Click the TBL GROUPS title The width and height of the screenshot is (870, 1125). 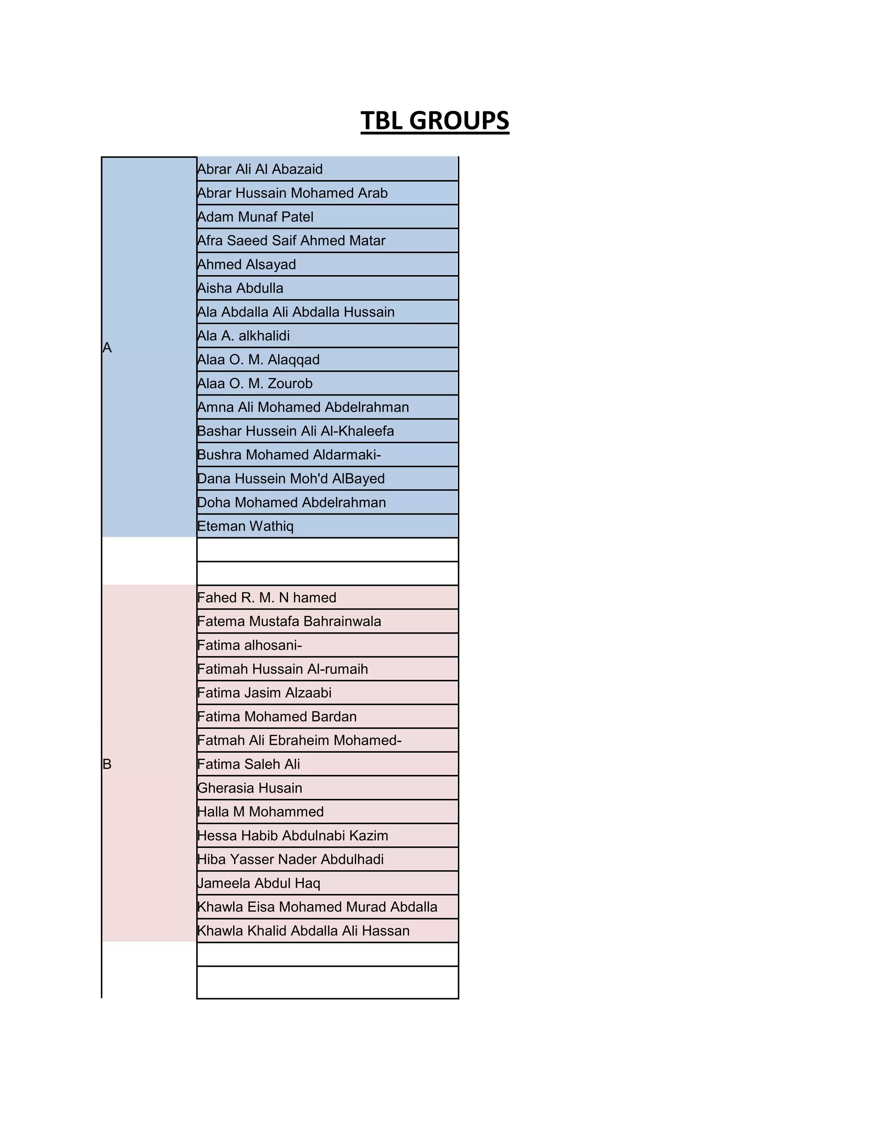pyautogui.click(x=435, y=121)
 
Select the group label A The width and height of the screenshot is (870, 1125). pyautogui.click(x=107, y=348)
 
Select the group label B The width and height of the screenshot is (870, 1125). pyautogui.click(x=107, y=765)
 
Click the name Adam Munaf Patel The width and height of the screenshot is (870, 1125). pyautogui.click(x=255, y=217)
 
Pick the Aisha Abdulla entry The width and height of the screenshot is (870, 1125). pyautogui.click(x=240, y=288)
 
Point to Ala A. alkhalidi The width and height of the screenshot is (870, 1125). pyautogui.click(x=243, y=336)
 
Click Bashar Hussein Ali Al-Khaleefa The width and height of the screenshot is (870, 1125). pyautogui.click(x=295, y=431)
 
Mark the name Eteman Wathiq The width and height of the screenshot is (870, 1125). pyautogui.click(x=246, y=526)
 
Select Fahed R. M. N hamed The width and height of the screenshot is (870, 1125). pyautogui.click(x=266, y=598)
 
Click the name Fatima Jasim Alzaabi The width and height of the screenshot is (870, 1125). pyautogui.click(x=264, y=693)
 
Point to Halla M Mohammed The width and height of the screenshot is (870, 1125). pyautogui.click(x=260, y=812)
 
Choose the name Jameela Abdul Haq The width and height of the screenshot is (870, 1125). pyautogui.click(x=259, y=883)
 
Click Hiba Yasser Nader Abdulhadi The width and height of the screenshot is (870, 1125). pyautogui.click(x=290, y=860)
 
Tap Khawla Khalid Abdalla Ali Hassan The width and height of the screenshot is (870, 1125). pyautogui.click(x=303, y=931)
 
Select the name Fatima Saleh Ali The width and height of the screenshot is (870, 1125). pyautogui.click(x=249, y=765)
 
